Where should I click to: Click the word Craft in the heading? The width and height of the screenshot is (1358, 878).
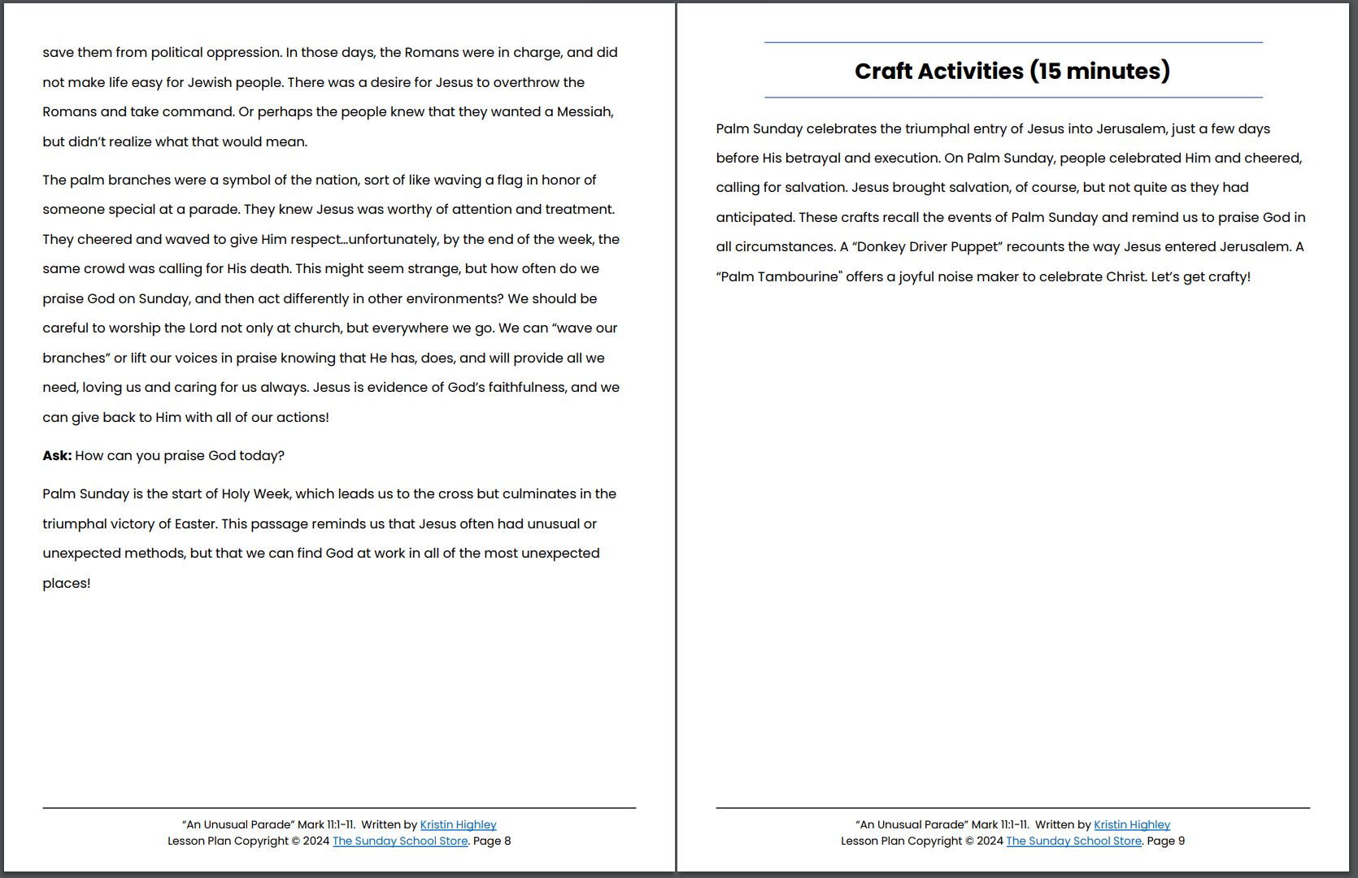(883, 72)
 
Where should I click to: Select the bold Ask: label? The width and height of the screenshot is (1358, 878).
(57, 456)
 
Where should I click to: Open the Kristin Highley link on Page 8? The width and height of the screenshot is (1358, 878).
(458, 825)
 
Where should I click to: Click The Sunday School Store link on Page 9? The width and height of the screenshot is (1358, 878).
(1073, 841)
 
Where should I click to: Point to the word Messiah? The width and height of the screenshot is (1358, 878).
(585, 112)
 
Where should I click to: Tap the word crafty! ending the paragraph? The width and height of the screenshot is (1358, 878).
(1229, 277)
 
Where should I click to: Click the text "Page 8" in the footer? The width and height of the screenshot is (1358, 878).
(492, 841)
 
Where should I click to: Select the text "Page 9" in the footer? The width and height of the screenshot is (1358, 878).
(1165, 841)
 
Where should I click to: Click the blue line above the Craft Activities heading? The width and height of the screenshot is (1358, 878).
(1013, 42)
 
